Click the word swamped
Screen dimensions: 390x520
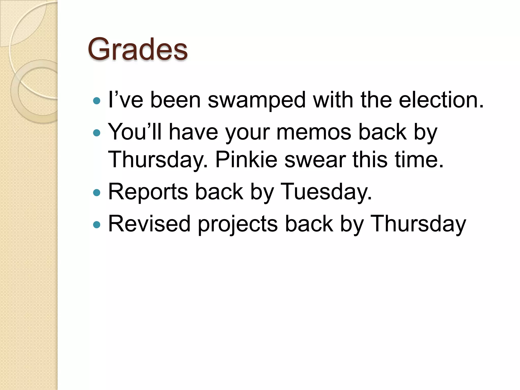coord(256,100)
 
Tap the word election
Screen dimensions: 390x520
coord(441,100)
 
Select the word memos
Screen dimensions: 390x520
coord(314,132)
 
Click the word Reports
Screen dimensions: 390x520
coord(148,192)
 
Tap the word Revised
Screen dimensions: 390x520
coord(149,224)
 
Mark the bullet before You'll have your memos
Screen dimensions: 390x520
coord(97,133)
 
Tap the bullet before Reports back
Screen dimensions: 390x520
coord(97,193)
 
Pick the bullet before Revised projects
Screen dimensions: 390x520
coord(97,224)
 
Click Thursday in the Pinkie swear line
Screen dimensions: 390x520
coord(157,160)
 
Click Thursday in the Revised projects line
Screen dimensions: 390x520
coord(418,224)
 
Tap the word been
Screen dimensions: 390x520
coord(175,100)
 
